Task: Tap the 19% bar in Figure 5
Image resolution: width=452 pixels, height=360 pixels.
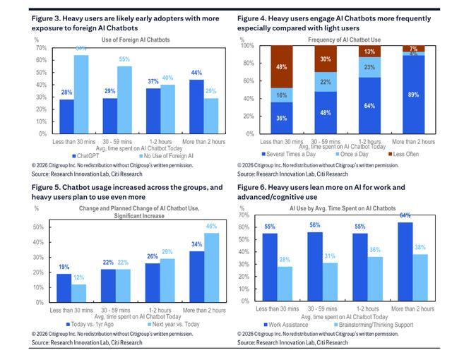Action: [63, 284]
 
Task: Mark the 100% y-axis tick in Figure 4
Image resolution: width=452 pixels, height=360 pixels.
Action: [249, 46]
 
